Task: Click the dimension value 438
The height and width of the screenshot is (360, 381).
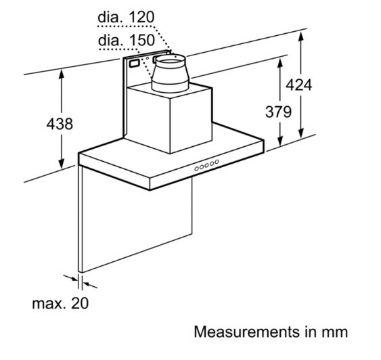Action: pos(59,124)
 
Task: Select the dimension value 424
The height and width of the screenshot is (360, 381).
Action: pos(299,85)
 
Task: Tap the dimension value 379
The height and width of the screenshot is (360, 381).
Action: pos(278,112)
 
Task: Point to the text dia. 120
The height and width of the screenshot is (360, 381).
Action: pos(126,17)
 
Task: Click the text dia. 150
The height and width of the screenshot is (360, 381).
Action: pos(127,40)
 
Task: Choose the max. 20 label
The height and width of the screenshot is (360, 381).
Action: pos(60,303)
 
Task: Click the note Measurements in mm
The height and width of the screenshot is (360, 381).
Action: pos(271,332)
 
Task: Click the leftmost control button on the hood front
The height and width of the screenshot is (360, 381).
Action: pos(197,169)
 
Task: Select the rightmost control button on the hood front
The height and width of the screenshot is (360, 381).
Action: pos(217,162)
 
